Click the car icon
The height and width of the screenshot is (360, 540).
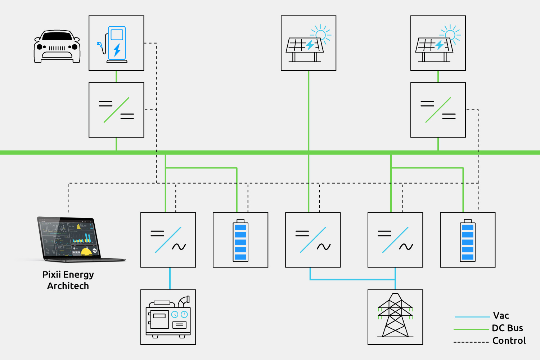[57, 47]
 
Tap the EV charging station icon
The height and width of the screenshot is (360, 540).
[116, 43]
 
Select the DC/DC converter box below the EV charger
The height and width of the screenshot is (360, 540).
[116, 110]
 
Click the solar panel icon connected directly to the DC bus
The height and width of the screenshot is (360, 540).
[309, 43]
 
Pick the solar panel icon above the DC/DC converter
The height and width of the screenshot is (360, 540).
[438, 43]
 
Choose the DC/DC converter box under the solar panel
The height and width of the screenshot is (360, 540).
[438, 110]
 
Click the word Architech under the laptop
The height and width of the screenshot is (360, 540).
[68, 286]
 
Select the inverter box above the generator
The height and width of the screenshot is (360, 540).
[168, 240]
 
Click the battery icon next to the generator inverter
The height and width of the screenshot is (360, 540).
[240, 240]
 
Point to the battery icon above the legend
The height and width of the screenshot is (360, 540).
[468, 240]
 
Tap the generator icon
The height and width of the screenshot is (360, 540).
[168, 317]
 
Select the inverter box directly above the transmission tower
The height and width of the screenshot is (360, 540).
[395, 240]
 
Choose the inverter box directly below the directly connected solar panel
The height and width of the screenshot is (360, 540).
[313, 240]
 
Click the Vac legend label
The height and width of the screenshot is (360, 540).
[501, 316]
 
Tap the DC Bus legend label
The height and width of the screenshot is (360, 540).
[507, 328]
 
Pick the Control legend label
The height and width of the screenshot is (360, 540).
[509, 341]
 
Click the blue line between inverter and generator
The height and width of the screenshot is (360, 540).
[170, 278]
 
